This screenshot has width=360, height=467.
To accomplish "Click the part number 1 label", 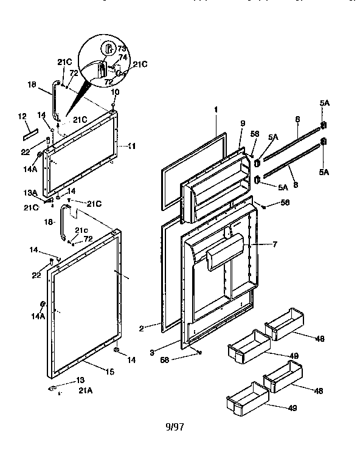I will pyautogui.click(x=215, y=109).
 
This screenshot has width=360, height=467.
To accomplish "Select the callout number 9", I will pyautogui.click(x=242, y=124).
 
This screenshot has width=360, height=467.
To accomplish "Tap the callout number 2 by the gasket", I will pyautogui.click(x=141, y=328).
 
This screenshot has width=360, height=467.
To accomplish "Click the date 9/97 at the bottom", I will pyautogui.click(x=174, y=426).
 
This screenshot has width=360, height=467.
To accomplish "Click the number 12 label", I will pyautogui.click(x=22, y=116).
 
